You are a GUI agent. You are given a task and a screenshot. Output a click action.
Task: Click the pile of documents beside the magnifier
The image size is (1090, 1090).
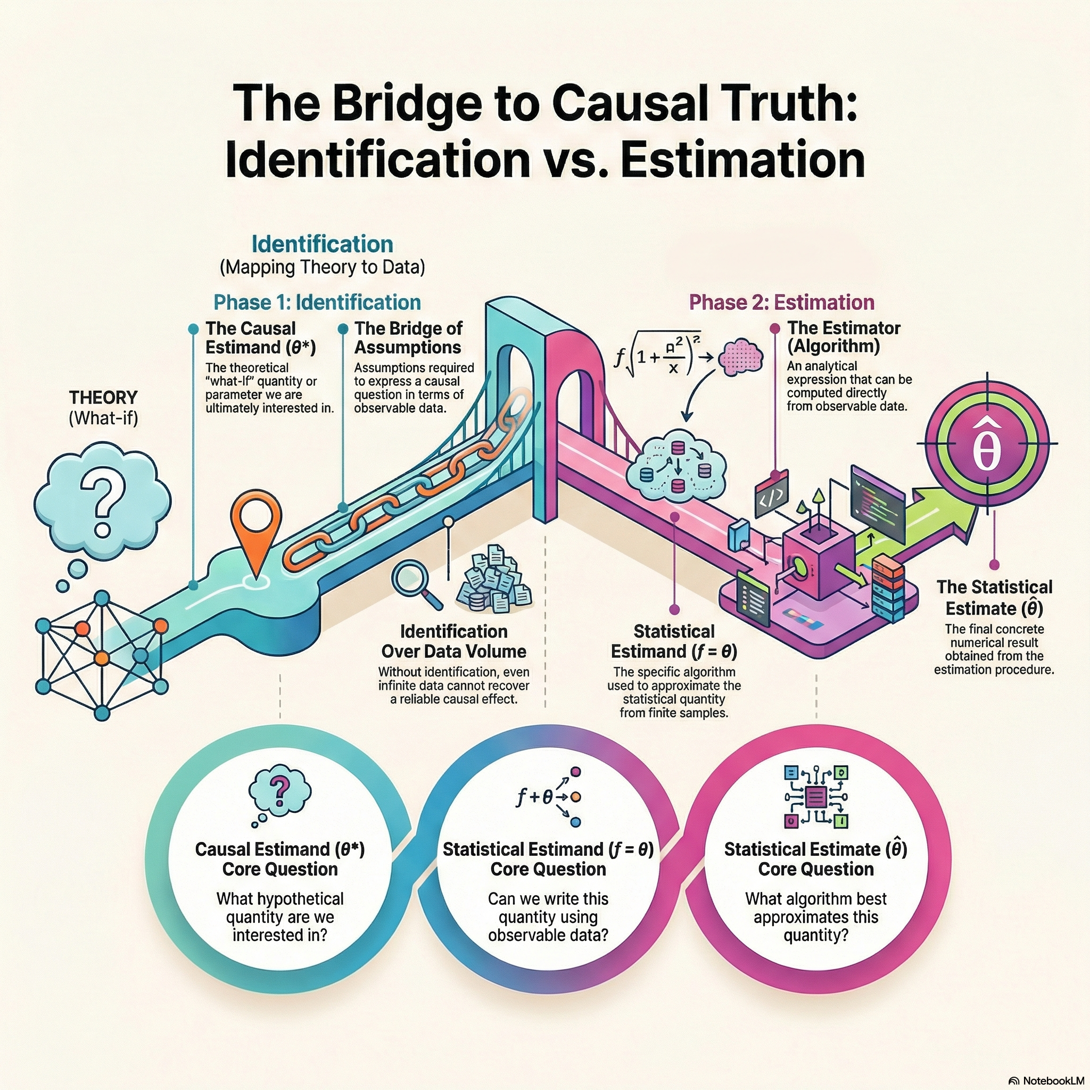point(494,581)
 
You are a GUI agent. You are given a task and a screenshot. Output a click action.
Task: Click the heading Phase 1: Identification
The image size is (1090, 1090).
point(317,302)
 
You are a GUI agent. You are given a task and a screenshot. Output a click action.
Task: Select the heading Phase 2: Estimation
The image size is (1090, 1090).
point(781,302)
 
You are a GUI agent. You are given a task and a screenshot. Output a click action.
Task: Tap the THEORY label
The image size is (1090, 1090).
point(103,398)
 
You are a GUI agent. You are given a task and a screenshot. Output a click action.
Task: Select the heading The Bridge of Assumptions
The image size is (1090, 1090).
point(408,337)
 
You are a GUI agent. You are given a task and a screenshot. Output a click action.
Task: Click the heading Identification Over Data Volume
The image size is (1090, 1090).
point(453,641)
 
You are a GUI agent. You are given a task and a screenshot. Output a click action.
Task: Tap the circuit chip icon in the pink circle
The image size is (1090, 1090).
point(816,797)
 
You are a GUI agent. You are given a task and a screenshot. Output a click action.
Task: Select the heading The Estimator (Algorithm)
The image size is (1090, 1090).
point(844,337)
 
